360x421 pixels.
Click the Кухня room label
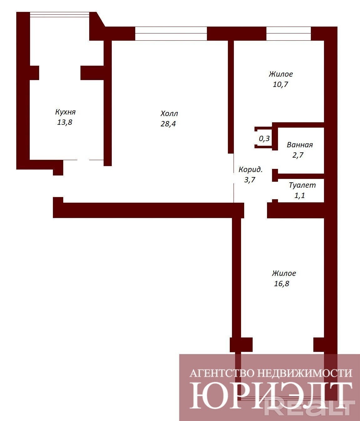pos(65,112)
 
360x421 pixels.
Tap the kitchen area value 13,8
pos(64,122)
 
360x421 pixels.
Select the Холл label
pos(169,114)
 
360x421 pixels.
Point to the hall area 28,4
pos(168,124)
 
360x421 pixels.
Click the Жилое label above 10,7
pos(281,74)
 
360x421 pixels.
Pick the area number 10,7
pos(280,84)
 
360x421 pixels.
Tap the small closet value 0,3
pos(264,139)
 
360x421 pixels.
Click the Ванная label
pos(300,145)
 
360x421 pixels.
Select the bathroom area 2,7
pos(298,155)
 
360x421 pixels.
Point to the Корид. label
pos(250,169)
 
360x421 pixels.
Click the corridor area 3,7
pos(250,180)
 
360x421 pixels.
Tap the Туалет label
pos(302,185)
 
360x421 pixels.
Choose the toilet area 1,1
pos(300,195)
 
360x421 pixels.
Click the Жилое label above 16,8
pos(284,273)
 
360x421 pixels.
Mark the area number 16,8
pos(281,283)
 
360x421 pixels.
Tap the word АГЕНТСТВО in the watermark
pos(222,373)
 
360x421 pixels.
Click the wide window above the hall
pos(171,33)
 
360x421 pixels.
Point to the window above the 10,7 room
pos(288,33)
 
